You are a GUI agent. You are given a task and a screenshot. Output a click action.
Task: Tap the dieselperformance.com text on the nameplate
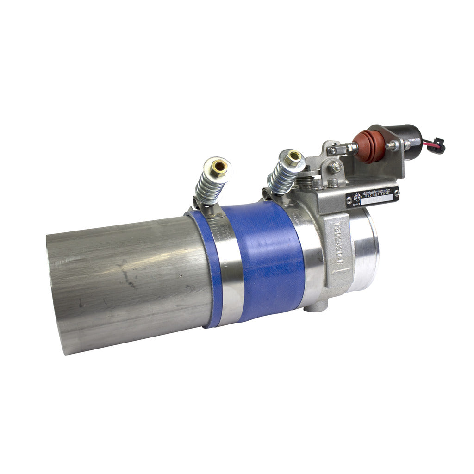tap(377, 190)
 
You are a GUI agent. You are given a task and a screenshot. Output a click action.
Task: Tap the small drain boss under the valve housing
tap(318, 306)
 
